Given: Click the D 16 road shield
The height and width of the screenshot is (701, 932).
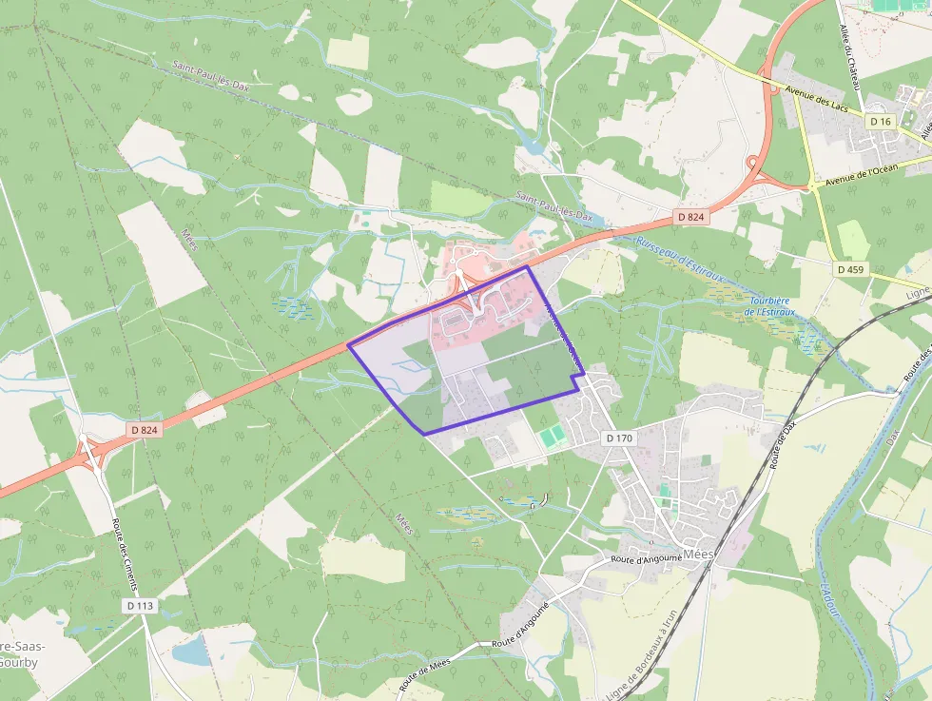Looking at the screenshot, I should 881,122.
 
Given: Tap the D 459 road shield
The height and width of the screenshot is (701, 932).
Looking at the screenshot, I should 851,269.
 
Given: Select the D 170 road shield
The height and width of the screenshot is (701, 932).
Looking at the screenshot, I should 618,438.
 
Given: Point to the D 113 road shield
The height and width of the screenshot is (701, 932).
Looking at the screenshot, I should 140,605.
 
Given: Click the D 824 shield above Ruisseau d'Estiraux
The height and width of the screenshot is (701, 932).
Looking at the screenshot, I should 691,217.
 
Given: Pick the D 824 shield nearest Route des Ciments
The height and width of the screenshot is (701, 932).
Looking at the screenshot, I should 144,430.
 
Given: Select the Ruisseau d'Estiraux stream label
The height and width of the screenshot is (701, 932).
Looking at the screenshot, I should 679,259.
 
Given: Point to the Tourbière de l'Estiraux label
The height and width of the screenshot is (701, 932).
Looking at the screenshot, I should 767,305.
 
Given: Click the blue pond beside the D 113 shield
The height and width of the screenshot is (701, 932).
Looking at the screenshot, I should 193,651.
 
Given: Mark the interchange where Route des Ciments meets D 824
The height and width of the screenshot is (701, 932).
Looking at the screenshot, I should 92,455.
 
